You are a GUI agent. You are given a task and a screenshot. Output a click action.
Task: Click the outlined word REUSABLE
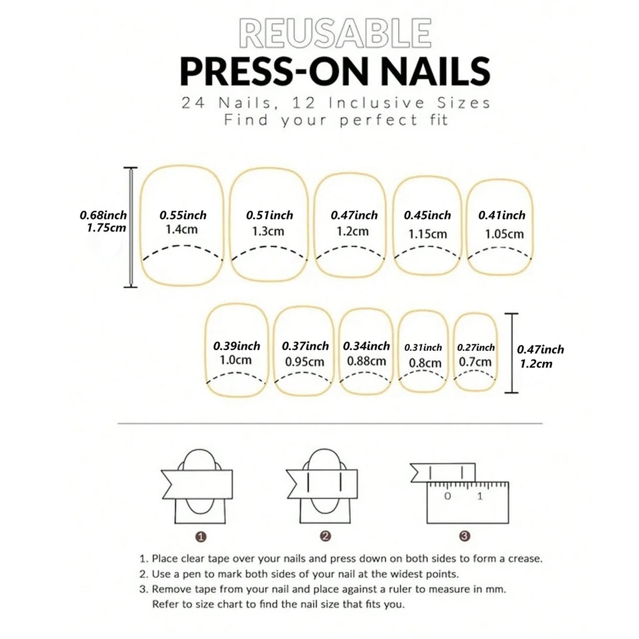point(335,34)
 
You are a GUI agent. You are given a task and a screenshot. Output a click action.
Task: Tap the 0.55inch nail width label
point(183,215)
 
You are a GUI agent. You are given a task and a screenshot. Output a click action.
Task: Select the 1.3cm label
point(268,231)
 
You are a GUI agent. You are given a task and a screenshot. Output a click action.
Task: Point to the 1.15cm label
point(427,234)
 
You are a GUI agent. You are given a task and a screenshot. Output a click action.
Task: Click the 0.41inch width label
point(502,215)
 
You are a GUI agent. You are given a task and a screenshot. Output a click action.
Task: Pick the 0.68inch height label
point(103,215)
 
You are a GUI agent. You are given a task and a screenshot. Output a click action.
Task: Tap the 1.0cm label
point(235,360)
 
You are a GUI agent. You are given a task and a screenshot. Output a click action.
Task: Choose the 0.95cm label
point(305,361)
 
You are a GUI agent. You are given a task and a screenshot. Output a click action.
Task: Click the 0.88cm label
point(366,361)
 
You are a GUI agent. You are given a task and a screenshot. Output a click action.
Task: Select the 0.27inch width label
point(476,347)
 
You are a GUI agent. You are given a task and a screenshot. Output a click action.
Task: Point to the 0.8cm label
point(425,363)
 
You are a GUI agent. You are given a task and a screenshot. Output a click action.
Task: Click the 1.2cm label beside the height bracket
point(536,364)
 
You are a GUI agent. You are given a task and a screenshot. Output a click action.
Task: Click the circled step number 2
point(324,536)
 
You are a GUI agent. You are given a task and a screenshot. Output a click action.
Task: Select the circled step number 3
point(464,536)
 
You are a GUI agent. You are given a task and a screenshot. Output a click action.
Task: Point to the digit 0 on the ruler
point(447,496)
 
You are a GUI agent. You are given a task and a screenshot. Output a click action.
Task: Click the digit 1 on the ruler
point(480,496)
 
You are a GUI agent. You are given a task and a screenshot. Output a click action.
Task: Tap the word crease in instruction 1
point(525,559)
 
